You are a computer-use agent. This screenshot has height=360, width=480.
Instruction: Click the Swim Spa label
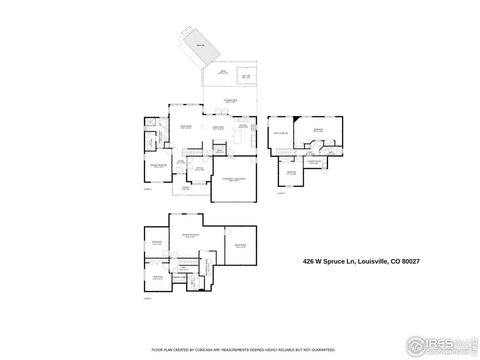click(200, 46)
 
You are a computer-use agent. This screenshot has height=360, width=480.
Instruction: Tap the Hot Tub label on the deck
click(246, 76)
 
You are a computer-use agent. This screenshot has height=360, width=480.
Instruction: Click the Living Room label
click(186, 127)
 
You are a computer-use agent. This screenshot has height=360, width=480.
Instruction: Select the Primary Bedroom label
click(158, 166)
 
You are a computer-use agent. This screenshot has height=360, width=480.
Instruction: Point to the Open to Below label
click(280, 133)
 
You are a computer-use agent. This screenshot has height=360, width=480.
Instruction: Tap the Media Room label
click(240, 246)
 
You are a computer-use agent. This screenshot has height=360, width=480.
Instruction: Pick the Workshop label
click(157, 243)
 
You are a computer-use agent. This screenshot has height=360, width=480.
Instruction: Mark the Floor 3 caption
click(281, 193)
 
